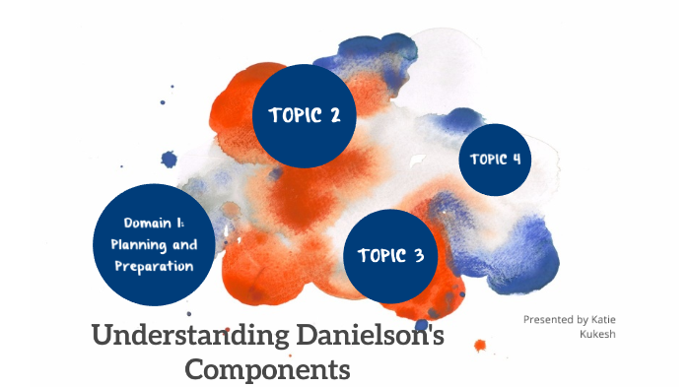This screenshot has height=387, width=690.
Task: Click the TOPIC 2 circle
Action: tap(305, 115)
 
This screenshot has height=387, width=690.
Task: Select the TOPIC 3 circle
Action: tap(390, 257)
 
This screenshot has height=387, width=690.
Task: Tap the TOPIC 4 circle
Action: tap(495, 160)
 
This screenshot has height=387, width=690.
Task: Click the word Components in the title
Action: tap(268, 370)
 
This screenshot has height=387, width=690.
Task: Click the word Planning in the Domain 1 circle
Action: tap(137, 244)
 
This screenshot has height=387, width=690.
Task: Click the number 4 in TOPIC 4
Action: tap(516, 160)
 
